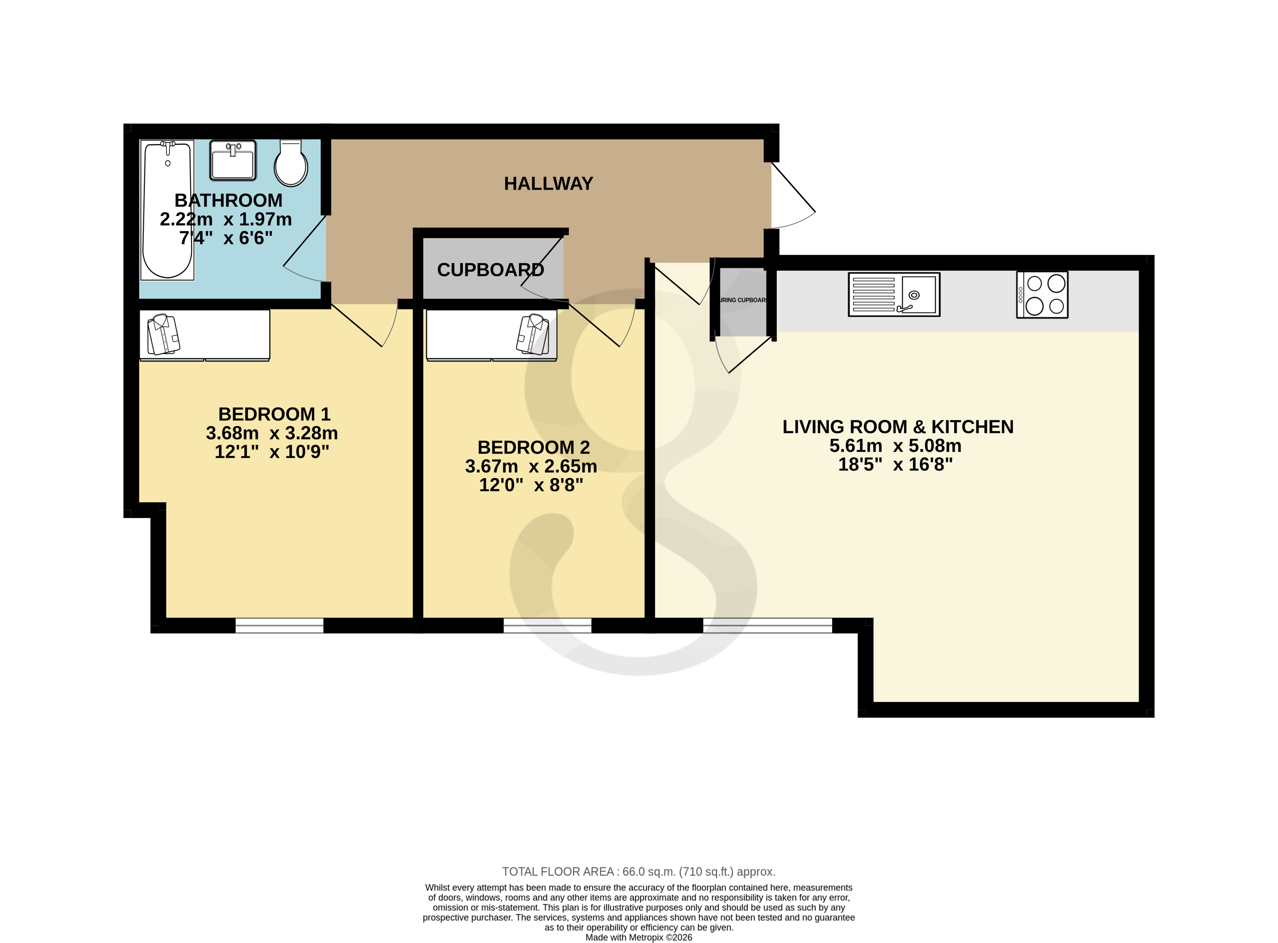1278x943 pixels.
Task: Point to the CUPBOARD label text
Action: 490,269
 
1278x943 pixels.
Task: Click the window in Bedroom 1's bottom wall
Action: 279,626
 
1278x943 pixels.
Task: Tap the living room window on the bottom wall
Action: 767,626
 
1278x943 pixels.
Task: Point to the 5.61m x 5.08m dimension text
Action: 895,446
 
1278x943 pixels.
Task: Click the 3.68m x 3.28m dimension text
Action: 272,433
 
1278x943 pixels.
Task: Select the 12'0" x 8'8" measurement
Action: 530,485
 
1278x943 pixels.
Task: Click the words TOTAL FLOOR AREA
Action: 557,872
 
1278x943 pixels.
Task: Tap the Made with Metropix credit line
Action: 638,937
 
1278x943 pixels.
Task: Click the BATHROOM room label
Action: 228,200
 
